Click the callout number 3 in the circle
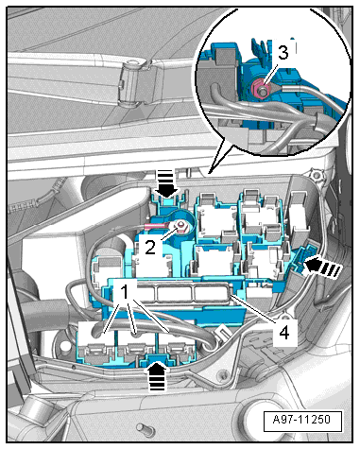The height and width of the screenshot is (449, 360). click(x=283, y=53)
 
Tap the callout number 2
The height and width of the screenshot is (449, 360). click(x=150, y=248)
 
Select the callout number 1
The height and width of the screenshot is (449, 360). click(x=125, y=292)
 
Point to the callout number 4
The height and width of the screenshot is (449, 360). click(x=284, y=333)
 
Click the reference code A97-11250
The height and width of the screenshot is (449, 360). click(x=302, y=420)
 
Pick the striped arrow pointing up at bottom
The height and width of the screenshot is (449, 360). click(x=157, y=375)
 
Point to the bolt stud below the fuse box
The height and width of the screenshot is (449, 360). click(x=145, y=429)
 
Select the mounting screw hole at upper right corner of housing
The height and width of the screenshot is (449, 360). click(x=316, y=175)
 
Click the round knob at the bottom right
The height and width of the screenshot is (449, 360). click(x=263, y=421)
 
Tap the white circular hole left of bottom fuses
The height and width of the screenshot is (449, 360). click(x=65, y=346)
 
